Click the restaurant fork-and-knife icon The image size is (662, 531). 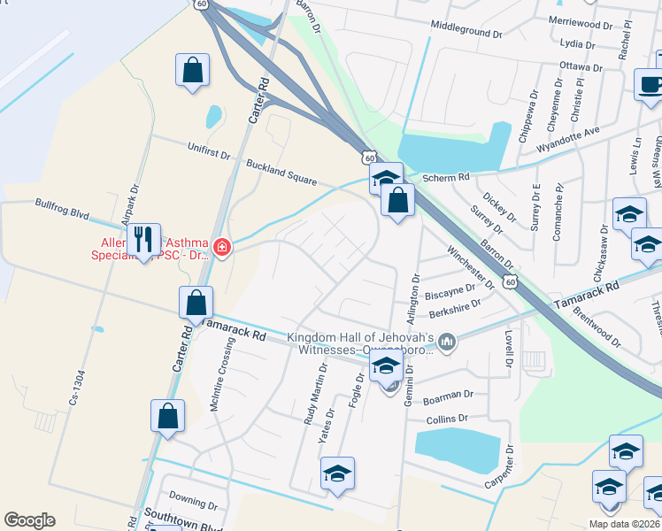(143, 239)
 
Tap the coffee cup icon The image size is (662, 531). (650, 85)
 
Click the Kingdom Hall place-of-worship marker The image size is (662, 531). (448, 341)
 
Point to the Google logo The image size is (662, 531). (29, 520)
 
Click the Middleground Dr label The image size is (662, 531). (466, 28)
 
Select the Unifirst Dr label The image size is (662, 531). (209, 151)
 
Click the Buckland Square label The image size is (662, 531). (281, 171)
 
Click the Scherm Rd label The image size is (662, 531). (445, 177)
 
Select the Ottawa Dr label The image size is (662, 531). (581, 65)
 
